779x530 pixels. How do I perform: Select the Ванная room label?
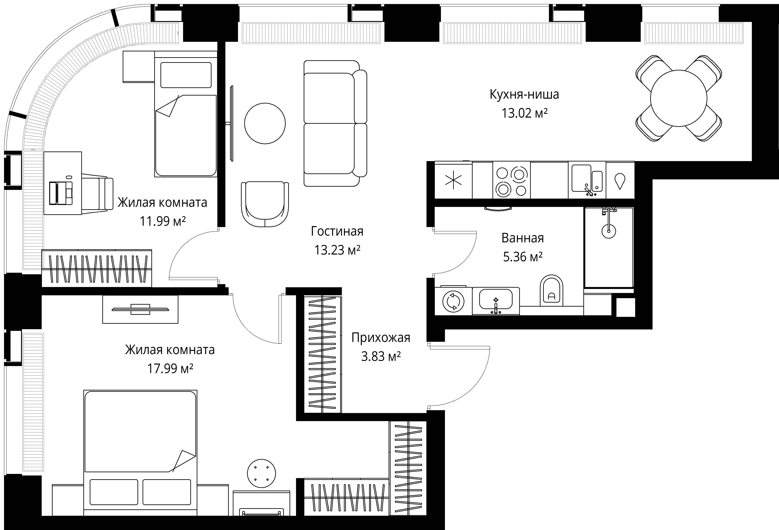[x=523, y=238]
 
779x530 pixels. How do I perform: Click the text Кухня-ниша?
[x=524, y=94]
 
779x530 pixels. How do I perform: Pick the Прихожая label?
[x=381, y=338]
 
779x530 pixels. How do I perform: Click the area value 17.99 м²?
[x=170, y=368]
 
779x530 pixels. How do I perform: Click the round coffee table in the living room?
[x=265, y=123]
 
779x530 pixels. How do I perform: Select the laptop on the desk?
[x=61, y=193]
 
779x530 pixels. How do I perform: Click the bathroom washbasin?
[x=496, y=301]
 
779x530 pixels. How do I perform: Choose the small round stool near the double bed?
[x=261, y=473]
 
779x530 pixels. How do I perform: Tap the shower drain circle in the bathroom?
[x=609, y=231]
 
